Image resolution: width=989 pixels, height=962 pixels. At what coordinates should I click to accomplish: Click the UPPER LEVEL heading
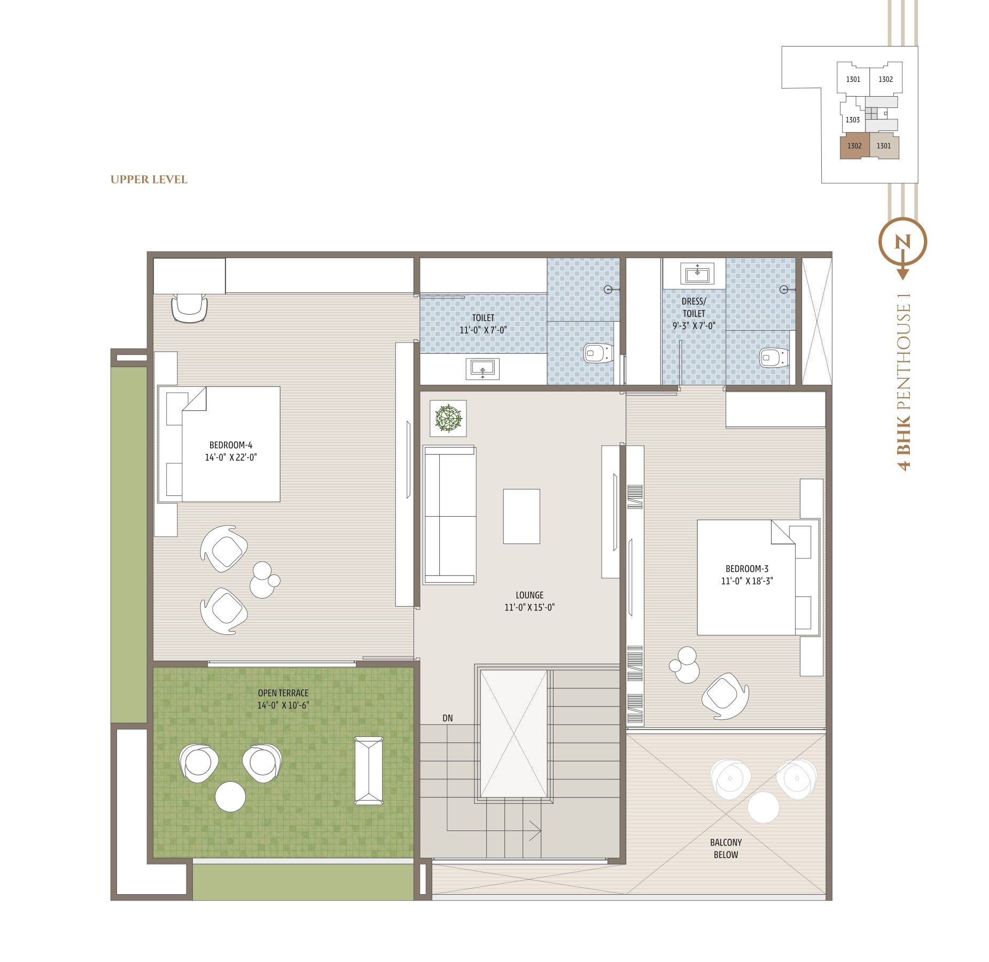pyautogui.click(x=149, y=180)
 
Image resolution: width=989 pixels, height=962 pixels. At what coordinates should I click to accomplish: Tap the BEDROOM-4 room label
pyautogui.click(x=231, y=445)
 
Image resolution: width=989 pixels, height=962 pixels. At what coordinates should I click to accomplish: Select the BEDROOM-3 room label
pyautogui.click(x=747, y=569)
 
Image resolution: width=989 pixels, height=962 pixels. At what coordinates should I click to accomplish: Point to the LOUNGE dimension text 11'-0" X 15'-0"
pyautogui.click(x=529, y=607)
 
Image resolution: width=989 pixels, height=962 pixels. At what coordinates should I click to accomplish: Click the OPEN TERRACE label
pyautogui.click(x=283, y=693)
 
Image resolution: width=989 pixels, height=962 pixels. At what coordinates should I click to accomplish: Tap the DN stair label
pyautogui.click(x=448, y=718)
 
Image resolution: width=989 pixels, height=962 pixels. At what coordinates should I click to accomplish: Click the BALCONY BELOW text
pyautogui.click(x=726, y=849)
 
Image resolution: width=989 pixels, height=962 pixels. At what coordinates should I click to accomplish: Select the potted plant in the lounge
pyautogui.click(x=448, y=418)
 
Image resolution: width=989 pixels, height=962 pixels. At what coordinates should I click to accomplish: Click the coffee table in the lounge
pyautogui.click(x=521, y=516)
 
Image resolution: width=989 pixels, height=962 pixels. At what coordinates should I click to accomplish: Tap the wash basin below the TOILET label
pyautogui.click(x=482, y=369)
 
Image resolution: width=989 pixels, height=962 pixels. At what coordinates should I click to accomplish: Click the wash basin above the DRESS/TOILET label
pyautogui.click(x=697, y=274)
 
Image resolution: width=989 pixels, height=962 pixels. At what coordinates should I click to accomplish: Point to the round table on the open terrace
pyautogui.click(x=230, y=797)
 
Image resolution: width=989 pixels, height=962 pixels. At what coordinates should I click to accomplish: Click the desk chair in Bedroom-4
pyautogui.click(x=189, y=308)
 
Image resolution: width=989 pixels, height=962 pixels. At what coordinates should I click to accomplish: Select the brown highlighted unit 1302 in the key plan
pyautogui.click(x=854, y=146)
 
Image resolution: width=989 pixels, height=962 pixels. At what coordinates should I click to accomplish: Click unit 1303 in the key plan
pyautogui.click(x=853, y=120)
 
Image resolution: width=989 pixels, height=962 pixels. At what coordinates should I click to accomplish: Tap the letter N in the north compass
pyautogui.click(x=902, y=242)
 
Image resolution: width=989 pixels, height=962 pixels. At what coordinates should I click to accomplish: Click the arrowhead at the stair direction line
pyautogui.click(x=536, y=831)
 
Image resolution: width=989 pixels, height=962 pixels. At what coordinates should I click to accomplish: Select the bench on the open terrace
pyautogui.click(x=369, y=770)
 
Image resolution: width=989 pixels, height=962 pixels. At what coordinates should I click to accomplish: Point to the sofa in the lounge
pyautogui.click(x=449, y=515)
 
